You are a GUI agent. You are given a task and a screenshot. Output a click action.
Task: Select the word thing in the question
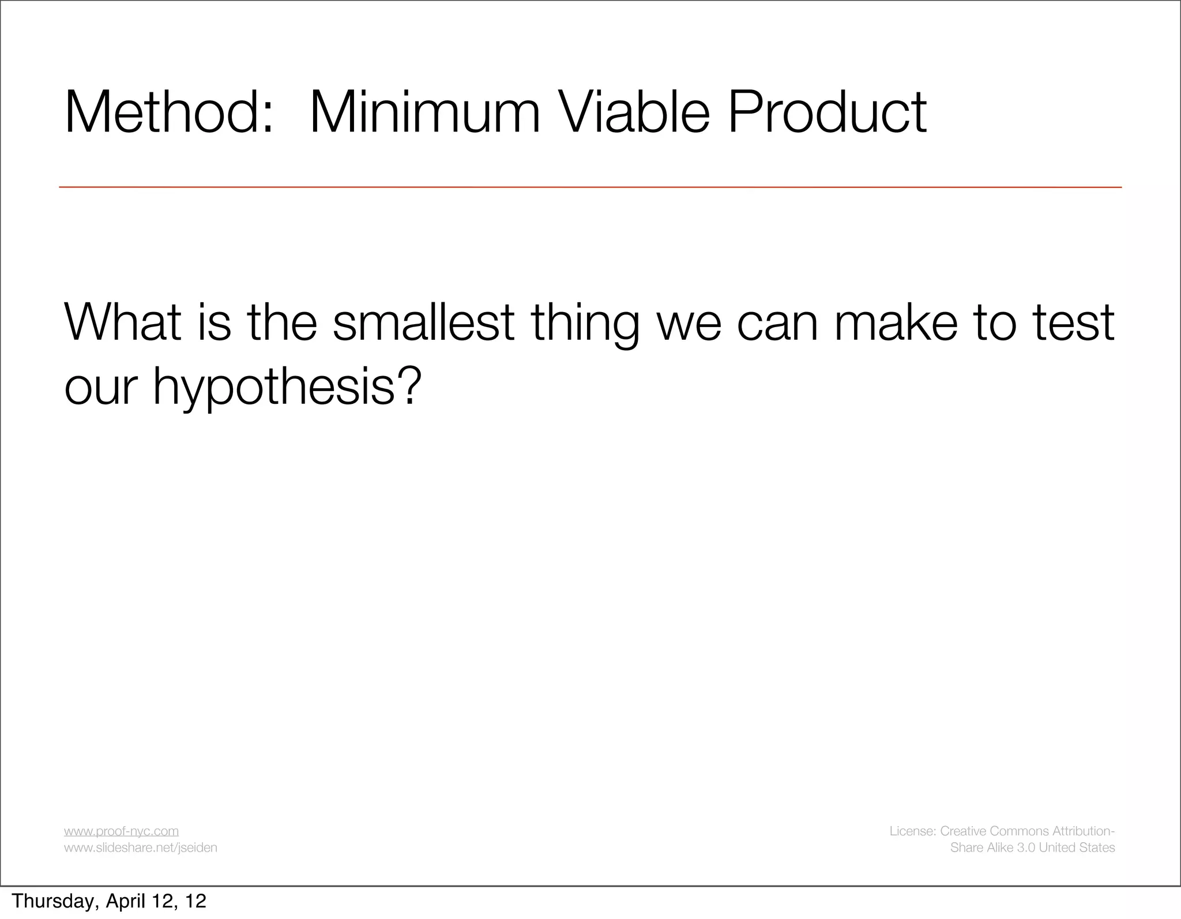pyautogui.click(x=585, y=323)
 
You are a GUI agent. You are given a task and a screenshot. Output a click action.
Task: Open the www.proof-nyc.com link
pyautogui.click(x=121, y=831)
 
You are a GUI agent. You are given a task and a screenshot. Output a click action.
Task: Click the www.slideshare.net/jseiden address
pyautogui.click(x=140, y=847)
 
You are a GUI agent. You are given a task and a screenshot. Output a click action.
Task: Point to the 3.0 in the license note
pyautogui.click(x=1024, y=847)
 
